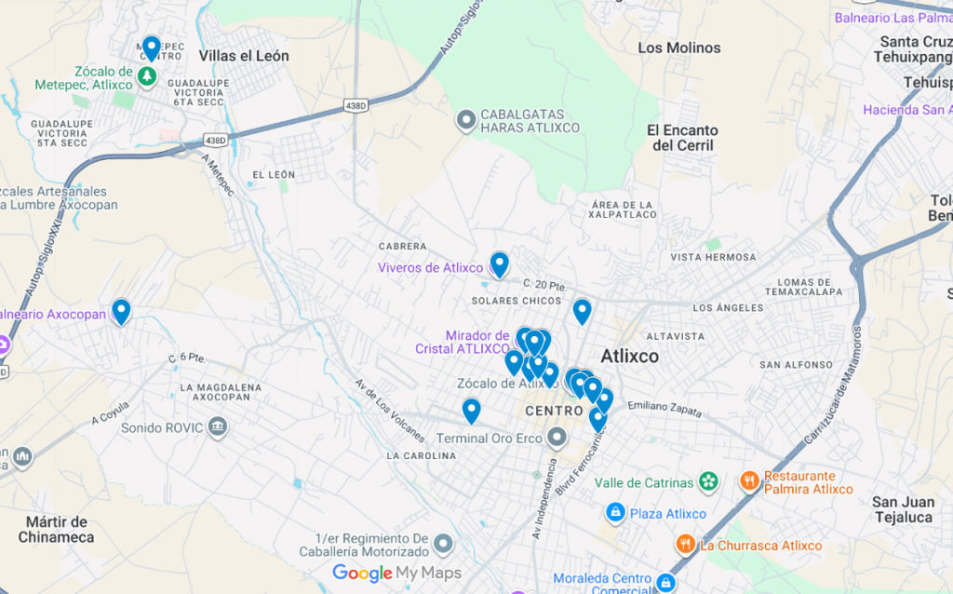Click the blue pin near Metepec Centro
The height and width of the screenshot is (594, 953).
click(151, 47)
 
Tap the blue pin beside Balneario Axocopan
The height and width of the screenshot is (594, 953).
click(121, 310)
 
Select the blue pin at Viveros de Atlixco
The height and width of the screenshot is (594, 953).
click(500, 264)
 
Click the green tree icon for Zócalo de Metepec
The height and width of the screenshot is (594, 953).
click(146, 76)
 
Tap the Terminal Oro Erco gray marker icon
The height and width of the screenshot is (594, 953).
click(557, 437)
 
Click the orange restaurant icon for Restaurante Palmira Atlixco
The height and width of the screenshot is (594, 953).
click(749, 481)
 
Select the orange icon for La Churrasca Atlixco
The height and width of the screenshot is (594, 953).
click(686, 544)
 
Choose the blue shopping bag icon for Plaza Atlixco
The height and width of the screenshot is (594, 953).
click(614, 513)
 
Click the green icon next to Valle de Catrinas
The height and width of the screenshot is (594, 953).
click(709, 481)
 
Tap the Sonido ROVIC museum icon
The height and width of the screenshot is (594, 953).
click(217, 427)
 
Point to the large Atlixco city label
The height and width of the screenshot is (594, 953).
click(629, 357)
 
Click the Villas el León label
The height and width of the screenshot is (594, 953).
click(244, 56)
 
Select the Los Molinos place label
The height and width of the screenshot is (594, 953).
click(678, 47)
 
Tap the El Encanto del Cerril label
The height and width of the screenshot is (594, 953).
click(682, 138)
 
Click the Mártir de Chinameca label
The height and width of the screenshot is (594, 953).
click(56, 529)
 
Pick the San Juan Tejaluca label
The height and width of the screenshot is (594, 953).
click(903, 509)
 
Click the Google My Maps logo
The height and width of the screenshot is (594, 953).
click(396, 573)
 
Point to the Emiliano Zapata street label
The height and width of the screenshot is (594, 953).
click(665, 406)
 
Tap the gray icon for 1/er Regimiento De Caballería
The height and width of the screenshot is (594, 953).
click(443, 543)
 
